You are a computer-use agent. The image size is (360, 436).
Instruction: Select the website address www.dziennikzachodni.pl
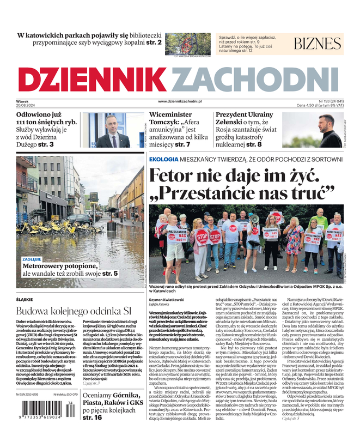pos(180,101)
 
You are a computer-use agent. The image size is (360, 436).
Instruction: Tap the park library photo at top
pos(188,43)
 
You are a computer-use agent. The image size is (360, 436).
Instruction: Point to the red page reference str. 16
pos(92,417)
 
